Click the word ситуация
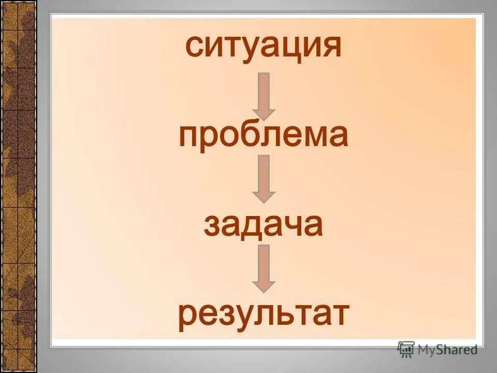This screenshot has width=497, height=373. (264, 48)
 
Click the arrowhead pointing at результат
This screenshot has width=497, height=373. (264, 284)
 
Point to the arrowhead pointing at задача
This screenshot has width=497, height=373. (264, 195)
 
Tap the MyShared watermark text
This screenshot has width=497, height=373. (447, 350)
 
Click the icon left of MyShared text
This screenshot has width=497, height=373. (406, 349)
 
